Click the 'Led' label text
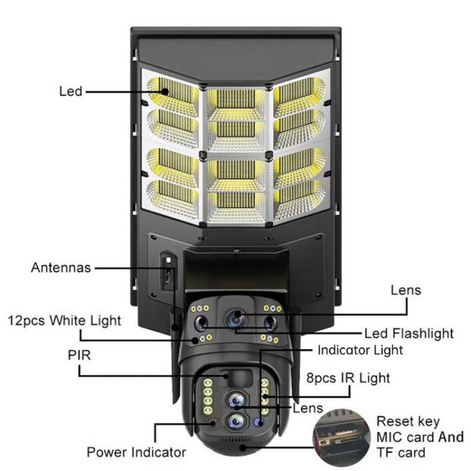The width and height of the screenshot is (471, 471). click(70, 92)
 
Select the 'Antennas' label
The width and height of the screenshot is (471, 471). click(61, 268)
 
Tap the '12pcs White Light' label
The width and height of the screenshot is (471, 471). click(64, 321)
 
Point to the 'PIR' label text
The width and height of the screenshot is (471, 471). click(79, 355)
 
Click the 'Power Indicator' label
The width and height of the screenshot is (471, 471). click(136, 452)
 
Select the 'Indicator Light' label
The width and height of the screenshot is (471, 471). click(360, 350)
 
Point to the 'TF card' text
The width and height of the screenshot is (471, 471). click(401, 453)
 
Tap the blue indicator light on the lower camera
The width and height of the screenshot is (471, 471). click(257, 423)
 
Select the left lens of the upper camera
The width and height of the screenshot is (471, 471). click(201, 323)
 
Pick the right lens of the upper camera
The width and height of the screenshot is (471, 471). click(271, 323)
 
